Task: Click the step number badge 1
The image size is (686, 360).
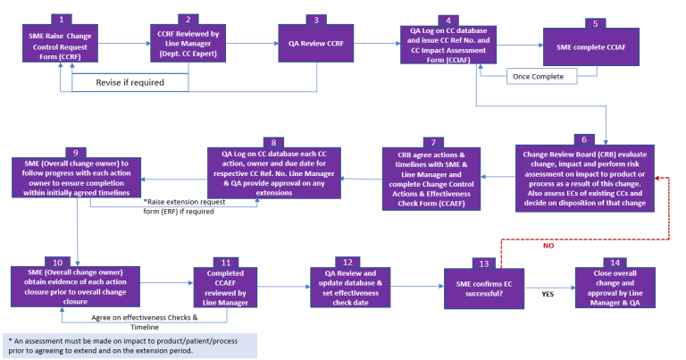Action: coord(60,19)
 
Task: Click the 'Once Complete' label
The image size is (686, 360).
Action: coord(538,77)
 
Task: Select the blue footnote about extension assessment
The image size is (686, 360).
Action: coord(129,345)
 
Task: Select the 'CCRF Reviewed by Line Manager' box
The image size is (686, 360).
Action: coord(188,44)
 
